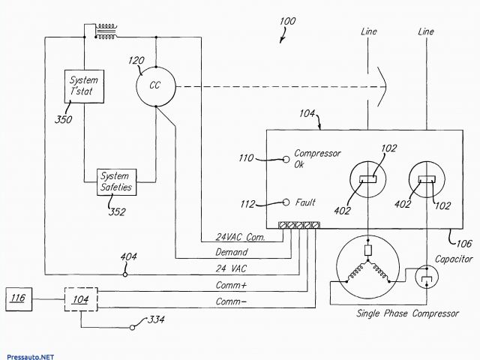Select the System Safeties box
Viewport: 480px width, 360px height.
[116, 181]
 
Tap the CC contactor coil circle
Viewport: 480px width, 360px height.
[155, 85]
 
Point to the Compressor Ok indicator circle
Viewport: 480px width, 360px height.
[286, 159]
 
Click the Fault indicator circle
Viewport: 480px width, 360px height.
[286, 202]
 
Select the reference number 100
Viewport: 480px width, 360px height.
[287, 21]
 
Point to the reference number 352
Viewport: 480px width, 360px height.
[117, 211]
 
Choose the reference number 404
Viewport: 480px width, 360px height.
[129, 257]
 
